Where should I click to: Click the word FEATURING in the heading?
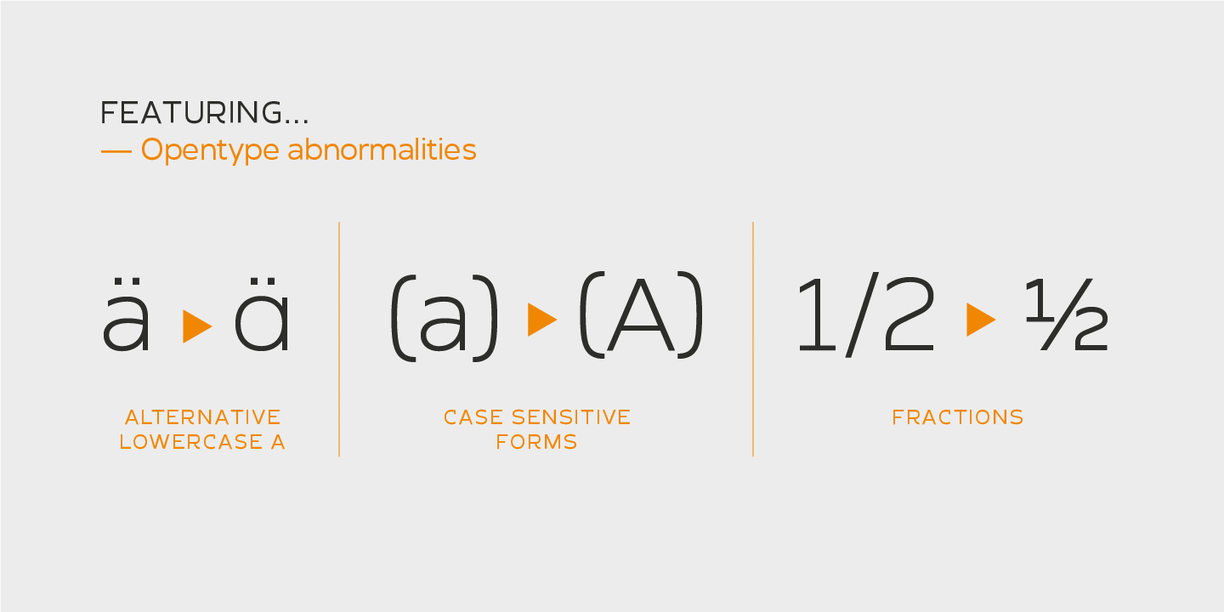192,113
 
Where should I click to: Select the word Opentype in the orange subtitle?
210,150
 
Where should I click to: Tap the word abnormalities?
382,150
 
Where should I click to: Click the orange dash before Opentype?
116,151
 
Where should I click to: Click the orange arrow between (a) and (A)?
541,320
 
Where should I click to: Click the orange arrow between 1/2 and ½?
980,320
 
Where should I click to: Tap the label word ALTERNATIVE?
202,417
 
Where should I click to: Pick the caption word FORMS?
536,442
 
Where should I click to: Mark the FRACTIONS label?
957,417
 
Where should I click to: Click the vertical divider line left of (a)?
339,340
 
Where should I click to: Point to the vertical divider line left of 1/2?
753,340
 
